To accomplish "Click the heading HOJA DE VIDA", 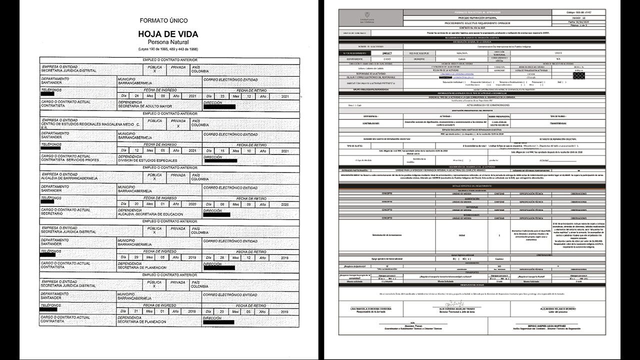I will [168, 34].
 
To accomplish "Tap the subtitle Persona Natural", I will [168, 42].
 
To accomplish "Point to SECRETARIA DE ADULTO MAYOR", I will [144, 106].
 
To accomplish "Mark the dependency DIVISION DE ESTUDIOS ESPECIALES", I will [147, 160].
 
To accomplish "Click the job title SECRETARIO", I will [53, 214].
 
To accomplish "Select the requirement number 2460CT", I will [385, 52].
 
